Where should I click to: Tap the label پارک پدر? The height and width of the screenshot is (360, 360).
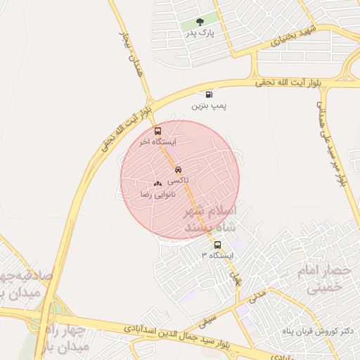click(x=200, y=33)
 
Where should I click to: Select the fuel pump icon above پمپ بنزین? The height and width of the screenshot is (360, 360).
click(x=209, y=94)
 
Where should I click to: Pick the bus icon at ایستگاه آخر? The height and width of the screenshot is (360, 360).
click(x=157, y=131)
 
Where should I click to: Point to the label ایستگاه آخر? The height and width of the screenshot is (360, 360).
click(x=157, y=142)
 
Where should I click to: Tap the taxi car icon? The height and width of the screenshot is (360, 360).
click(x=178, y=169)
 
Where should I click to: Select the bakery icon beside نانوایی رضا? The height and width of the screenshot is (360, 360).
click(x=157, y=184)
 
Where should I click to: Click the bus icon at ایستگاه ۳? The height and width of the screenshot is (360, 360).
click(x=217, y=245)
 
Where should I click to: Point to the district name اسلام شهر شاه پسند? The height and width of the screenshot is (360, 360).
click(x=210, y=219)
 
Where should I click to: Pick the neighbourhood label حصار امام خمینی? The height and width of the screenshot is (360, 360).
click(x=324, y=278)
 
